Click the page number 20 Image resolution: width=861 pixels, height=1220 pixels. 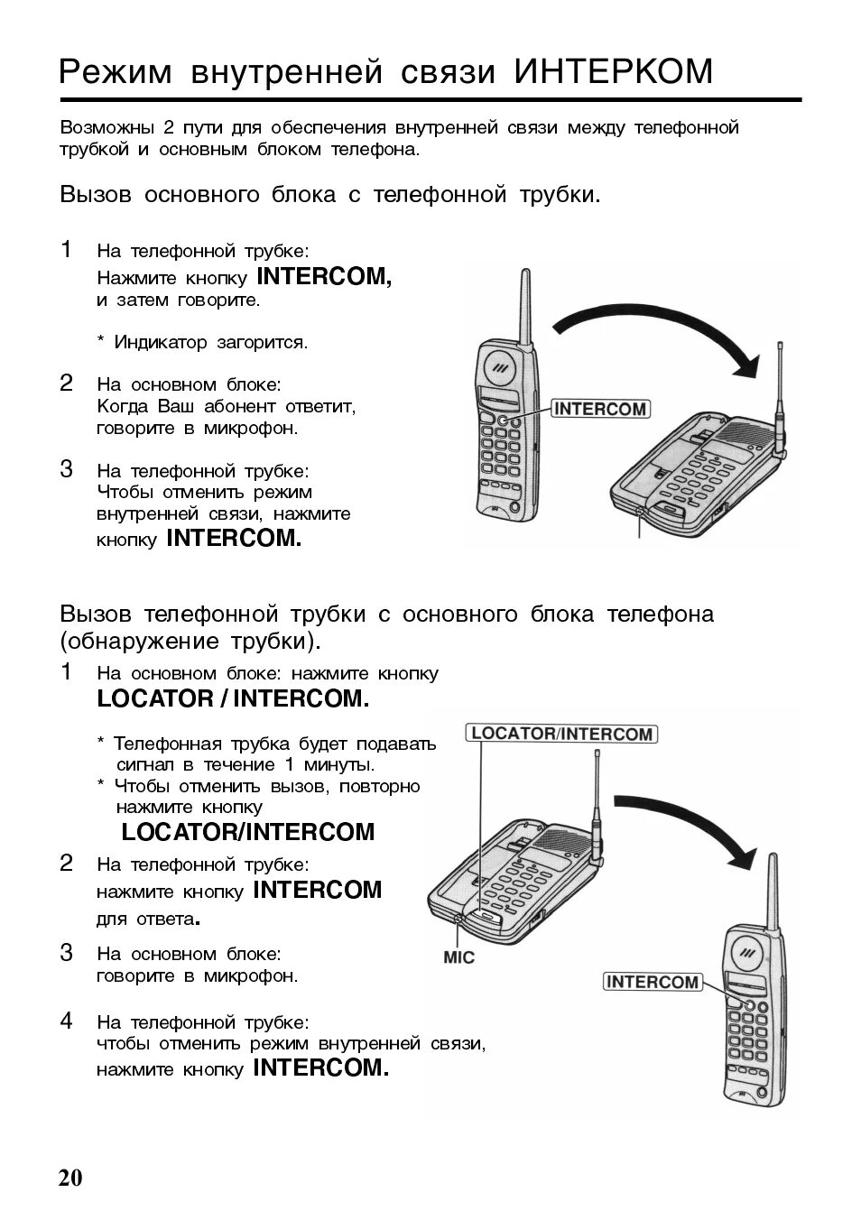click(x=69, y=1178)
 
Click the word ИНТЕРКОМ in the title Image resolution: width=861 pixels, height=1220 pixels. click(x=614, y=71)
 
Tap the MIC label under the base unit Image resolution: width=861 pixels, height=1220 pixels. click(x=458, y=957)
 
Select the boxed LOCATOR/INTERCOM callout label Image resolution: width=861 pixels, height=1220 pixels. click(x=561, y=734)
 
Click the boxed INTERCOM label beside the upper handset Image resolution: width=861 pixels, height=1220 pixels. click(x=600, y=409)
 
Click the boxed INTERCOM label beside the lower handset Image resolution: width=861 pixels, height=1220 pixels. click(x=653, y=982)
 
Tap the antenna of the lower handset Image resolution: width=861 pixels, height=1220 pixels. click(x=773, y=889)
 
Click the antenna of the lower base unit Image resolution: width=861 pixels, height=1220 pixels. click(x=597, y=794)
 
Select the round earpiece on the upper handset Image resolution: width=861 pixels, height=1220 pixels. click(x=502, y=367)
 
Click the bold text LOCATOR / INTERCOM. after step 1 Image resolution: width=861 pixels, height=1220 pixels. click(x=233, y=698)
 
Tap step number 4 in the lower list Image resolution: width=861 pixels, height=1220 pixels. click(x=66, y=1021)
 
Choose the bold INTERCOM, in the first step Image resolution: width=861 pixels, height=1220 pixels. click(x=324, y=276)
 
